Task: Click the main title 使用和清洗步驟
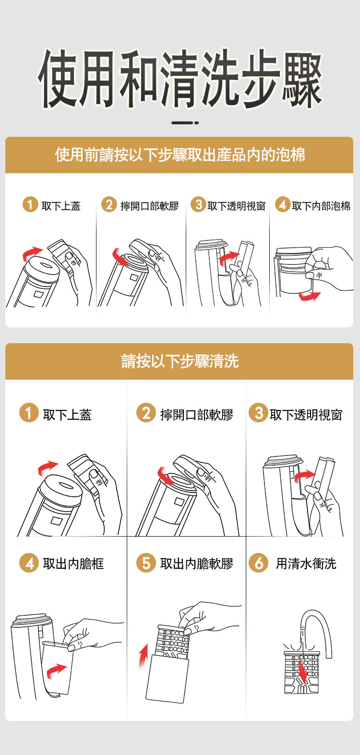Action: point(180,78)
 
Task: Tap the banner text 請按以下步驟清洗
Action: point(180,361)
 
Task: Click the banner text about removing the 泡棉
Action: point(180,155)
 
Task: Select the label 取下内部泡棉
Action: point(321,205)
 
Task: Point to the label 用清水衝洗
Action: point(306,563)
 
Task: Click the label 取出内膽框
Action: point(73,563)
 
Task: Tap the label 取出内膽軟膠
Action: point(196,563)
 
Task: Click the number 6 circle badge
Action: point(259,563)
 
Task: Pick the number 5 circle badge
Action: point(146,563)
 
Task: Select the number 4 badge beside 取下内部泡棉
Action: point(283,204)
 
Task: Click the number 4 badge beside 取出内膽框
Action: point(29,563)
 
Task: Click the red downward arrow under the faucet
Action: point(302,671)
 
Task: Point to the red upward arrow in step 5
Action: point(144,656)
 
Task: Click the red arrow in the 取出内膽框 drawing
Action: point(56,671)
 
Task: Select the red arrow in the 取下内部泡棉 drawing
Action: point(310,296)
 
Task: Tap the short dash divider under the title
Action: point(185,123)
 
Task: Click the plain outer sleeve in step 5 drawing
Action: point(167,679)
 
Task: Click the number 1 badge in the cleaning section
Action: point(29,413)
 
